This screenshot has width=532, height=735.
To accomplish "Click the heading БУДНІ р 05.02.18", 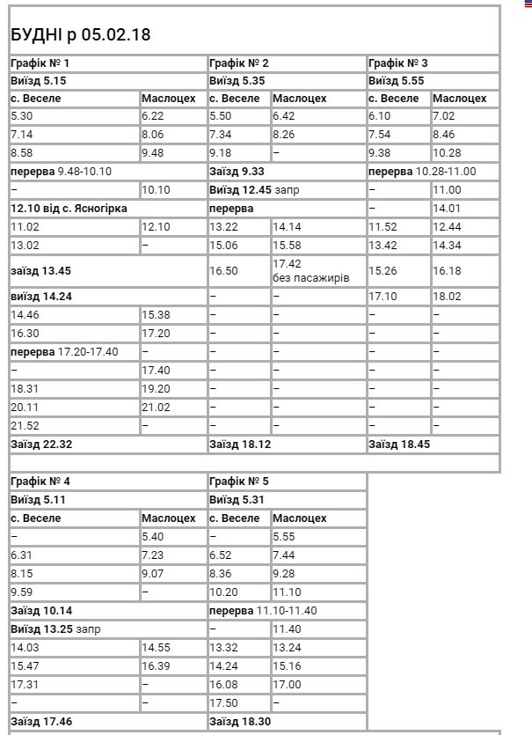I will point(81,35).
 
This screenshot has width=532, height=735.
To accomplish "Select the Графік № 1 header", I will point(40,63).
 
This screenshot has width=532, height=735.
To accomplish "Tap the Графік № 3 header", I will point(398,63).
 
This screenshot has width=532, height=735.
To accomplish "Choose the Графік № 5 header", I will point(239,481).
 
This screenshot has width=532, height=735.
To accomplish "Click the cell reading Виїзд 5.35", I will point(238,80).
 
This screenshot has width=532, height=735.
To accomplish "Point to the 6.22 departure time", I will point(153,116).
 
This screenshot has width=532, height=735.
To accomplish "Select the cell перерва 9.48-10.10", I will point(61,171).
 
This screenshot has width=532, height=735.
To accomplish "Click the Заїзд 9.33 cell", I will point(238,171).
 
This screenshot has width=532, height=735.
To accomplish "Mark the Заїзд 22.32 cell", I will point(41,445).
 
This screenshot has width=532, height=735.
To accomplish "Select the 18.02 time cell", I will point(446,297).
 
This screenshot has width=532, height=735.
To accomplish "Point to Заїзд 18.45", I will point(399,445).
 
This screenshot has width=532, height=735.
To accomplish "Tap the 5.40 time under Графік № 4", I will point(153,536).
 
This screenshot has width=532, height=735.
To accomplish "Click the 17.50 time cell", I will point(223,702).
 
